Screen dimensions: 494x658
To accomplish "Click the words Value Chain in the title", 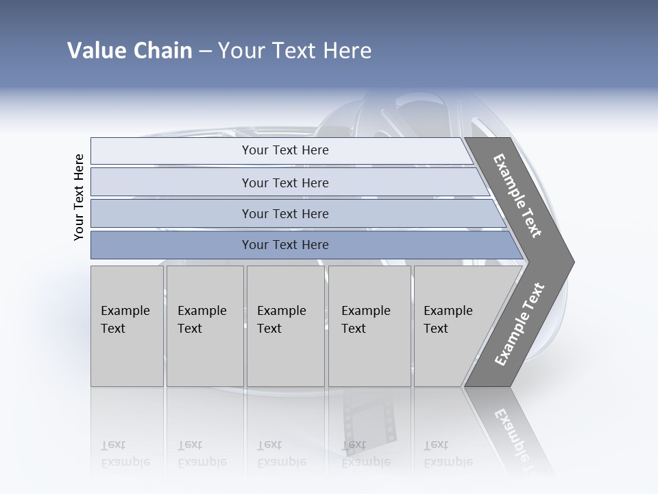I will [130, 51].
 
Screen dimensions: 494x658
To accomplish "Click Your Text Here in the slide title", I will [295, 51].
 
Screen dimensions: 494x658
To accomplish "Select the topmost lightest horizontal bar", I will [285, 150].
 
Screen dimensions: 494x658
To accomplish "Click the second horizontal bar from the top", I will [285, 183].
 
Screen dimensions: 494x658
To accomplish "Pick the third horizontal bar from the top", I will [285, 213].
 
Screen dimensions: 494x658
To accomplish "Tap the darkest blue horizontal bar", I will [285, 245].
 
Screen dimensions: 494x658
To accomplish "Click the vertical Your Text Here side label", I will [79, 197].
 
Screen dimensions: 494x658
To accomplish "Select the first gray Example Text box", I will [127, 326].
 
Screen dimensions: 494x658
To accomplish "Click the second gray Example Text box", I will [204, 326].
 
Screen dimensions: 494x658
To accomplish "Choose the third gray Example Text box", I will [285, 326].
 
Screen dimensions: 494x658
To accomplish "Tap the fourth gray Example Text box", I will [369, 326].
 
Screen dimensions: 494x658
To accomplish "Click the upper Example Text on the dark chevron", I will [517, 196].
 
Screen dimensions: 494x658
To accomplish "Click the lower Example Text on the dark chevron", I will [519, 325].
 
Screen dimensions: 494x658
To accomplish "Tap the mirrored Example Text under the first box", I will [125, 453].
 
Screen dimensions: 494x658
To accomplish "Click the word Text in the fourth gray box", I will [354, 329].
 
